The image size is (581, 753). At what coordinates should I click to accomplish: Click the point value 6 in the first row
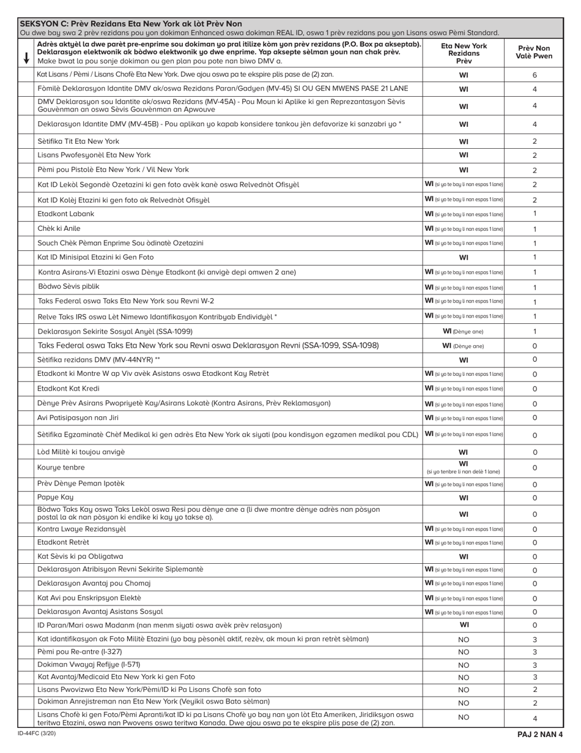pyautogui.click(x=534, y=75)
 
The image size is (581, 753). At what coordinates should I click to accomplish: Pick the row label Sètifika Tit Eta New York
pyautogui.click(x=78, y=141)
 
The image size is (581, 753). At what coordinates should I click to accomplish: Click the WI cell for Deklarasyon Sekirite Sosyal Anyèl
pyautogui.click(x=464, y=331)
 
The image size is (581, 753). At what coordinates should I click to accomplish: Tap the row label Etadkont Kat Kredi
pyautogui.click(x=68, y=389)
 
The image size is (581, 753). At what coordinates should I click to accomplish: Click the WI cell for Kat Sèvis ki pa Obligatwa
pyautogui.click(x=464, y=556)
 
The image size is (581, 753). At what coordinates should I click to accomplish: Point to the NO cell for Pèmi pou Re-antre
pyautogui.click(x=464, y=652)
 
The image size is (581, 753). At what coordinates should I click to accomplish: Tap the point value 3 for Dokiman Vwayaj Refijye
pyautogui.click(x=534, y=665)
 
